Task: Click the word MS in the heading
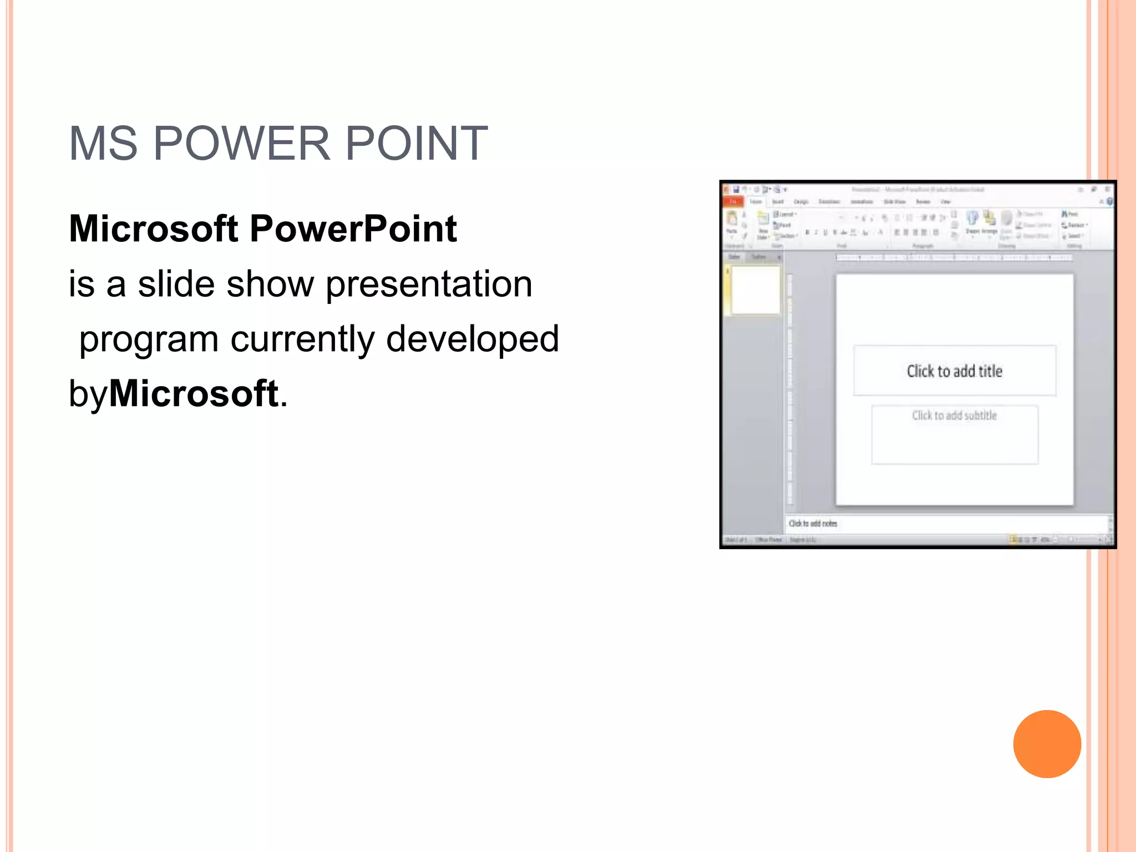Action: tap(103, 144)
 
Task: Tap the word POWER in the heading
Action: tap(242, 144)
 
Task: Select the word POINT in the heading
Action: tap(416, 144)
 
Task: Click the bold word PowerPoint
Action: tap(353, 229)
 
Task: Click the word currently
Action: tap(302, 339)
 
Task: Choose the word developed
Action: tap(472, 339)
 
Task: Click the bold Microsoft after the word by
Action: tap(193, 393)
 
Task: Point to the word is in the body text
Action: tap(81, 284)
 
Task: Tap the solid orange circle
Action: tap(1047, 744)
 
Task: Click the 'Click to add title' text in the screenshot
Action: tap(954, 371)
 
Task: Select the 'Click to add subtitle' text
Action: tap(954, 415)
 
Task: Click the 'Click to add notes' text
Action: tap(813, 523)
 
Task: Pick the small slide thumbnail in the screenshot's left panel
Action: tap(755, 290)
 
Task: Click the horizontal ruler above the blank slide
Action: tap(954, 258)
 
